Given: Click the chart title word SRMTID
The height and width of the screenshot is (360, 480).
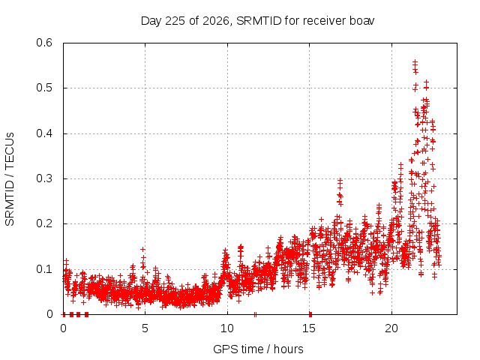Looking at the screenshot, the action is point(259,21).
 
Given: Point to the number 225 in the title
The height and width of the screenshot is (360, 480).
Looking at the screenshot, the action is point(175,21).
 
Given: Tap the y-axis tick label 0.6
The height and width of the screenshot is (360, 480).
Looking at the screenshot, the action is point(44,43).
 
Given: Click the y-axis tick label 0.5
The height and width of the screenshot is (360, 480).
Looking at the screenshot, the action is point(44,88).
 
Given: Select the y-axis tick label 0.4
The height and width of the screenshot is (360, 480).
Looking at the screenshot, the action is point(44,133).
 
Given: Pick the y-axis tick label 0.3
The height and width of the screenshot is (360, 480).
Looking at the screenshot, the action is point(44,178).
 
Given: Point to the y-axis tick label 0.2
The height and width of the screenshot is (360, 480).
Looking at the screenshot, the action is point(44,223).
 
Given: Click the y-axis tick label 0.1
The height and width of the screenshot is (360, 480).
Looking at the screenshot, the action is point(44,269).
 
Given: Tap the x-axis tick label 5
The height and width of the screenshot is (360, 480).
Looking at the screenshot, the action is point(145,328).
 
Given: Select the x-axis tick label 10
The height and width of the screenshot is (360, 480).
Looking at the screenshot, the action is point(226,328).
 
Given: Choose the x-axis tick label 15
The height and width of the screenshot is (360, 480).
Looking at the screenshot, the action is point(309,328).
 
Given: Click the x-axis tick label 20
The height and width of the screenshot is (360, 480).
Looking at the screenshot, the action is point(391,328).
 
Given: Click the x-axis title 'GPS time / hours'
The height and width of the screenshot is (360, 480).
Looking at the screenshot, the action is point(258,349).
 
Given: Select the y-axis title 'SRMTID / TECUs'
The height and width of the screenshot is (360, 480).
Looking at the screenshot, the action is point(10,179).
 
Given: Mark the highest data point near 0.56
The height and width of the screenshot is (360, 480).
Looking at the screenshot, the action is point(415,61).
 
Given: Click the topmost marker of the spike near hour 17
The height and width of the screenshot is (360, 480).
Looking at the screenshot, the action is point(340,180).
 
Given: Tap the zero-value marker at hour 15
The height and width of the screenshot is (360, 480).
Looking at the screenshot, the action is point(310,314).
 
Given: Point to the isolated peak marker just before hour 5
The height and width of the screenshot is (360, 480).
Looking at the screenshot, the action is point(142,249).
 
